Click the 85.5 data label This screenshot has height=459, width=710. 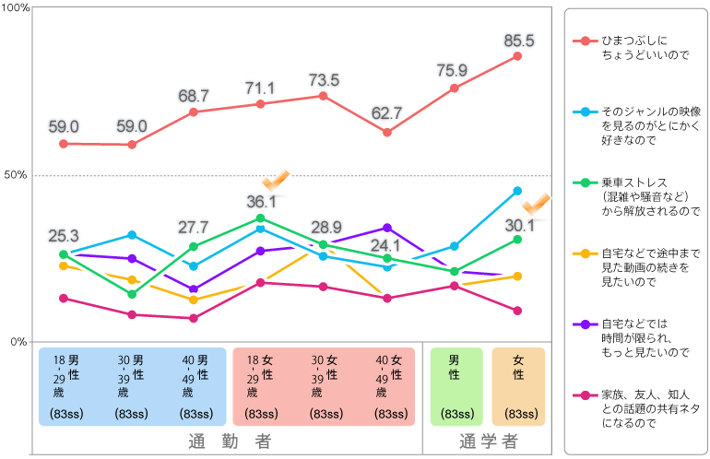(519, 41)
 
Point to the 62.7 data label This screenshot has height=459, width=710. (385, 113)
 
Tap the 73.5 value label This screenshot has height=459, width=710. (324, 79)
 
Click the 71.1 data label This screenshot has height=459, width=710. (260, 88)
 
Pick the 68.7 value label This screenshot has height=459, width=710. (194, 96)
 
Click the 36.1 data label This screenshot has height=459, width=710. (261, 201)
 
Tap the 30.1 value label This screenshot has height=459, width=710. (519, 225)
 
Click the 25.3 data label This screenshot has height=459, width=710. (64, 236)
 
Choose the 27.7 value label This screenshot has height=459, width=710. (194, 227)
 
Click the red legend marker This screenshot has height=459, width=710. (586, 41)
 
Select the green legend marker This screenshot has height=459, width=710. (586, 182)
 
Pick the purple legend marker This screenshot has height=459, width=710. (586, 324)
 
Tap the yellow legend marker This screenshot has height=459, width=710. (586, 253)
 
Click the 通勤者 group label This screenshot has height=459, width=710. (230, 441)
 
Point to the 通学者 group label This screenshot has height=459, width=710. (489, 441)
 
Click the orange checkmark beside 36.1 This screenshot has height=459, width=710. (276, 179)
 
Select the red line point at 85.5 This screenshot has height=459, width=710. (517, 56)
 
